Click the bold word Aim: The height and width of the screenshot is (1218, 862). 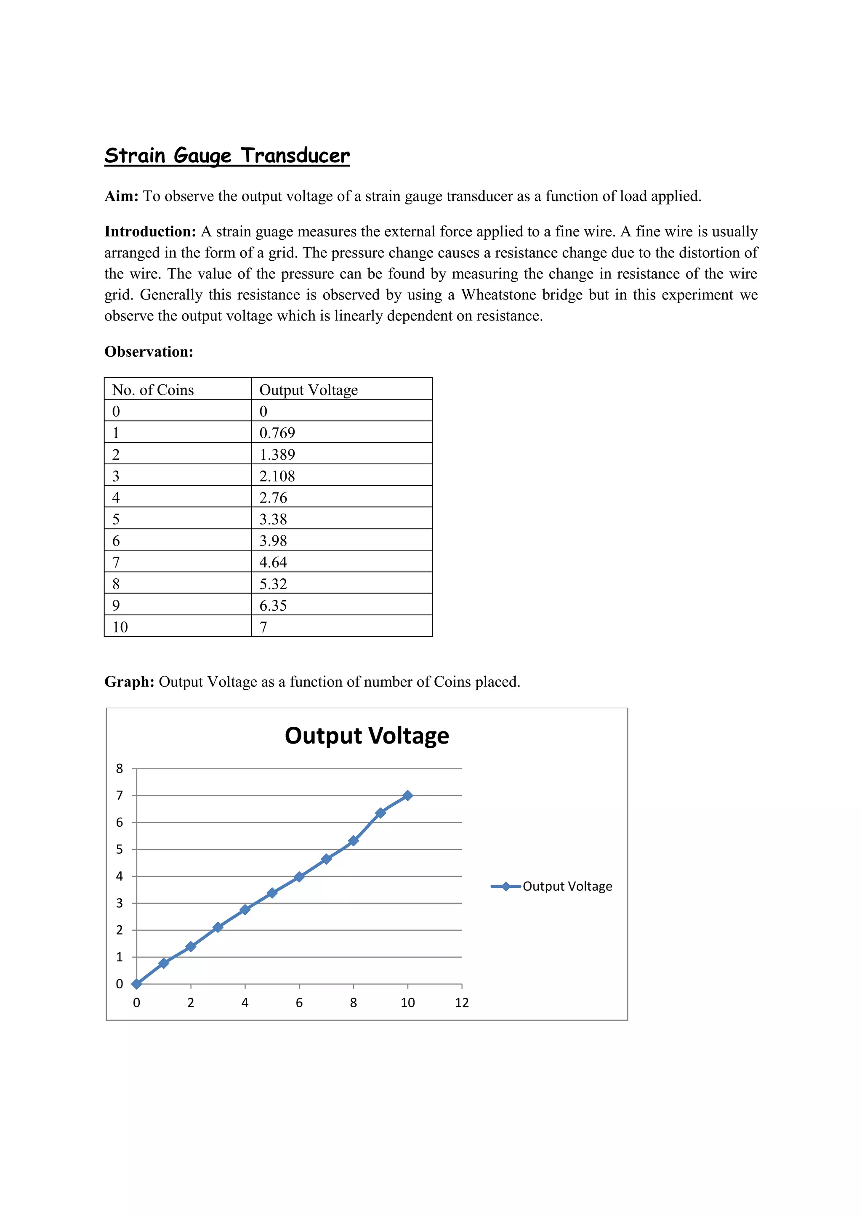point(121,196)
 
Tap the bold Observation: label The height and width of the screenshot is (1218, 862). point(149,352)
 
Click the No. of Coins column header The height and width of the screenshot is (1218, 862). point(153,390)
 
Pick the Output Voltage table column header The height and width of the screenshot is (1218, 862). point(309,390)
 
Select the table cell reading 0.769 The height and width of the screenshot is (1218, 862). point(277,433)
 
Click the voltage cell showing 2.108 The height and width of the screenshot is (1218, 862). point(277,476)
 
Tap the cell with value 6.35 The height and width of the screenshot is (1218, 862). point(273,605)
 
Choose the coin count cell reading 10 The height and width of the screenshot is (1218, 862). point(120,627)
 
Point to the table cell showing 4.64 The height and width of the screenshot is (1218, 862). point(273,562)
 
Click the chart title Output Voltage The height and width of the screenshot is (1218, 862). point(367,736)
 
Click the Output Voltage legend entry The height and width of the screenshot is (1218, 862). point(567,887)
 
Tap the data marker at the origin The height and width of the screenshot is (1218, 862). point(136,984)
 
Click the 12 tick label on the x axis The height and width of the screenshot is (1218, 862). point(462,1003)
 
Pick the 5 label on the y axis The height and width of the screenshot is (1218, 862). point(120,849)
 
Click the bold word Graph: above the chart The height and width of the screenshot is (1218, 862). point(129,682)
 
